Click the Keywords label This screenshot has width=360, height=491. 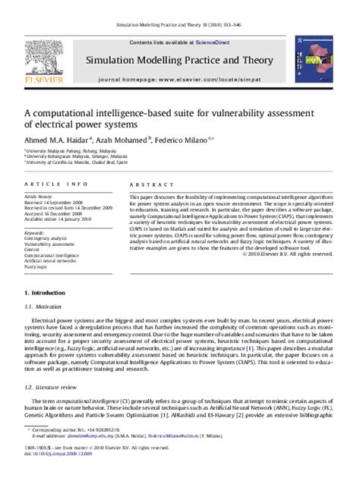point(33,232)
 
